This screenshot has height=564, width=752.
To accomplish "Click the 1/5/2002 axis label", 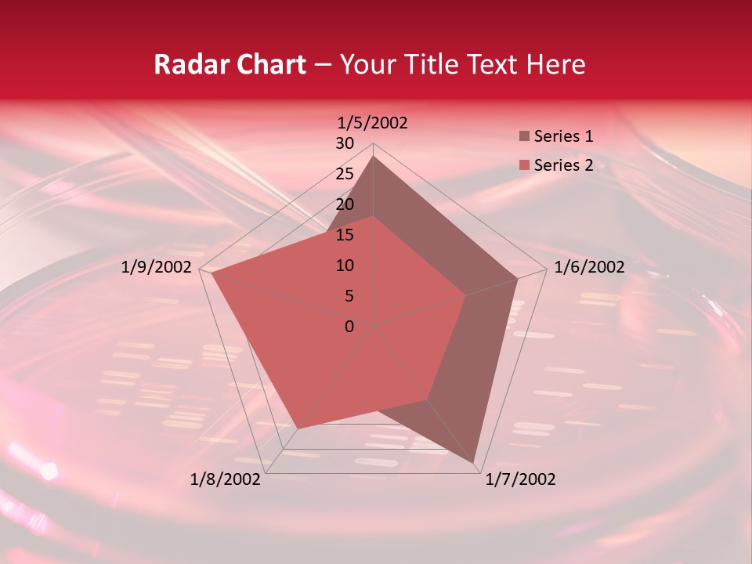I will pos(373,122).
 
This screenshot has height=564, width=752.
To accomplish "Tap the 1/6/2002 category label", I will pos(589,267).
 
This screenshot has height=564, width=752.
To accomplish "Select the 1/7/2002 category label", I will pos(520,479).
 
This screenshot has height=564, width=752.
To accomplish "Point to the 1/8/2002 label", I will pos(226,479).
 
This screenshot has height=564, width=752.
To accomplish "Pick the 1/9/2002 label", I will pos(157,267).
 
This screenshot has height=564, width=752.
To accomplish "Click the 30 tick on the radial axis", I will pos(345,143).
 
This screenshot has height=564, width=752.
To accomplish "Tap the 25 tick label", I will pos(345,174).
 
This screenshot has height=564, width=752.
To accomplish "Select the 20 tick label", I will pos(345,204).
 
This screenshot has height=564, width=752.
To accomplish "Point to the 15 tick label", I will pos(345,235).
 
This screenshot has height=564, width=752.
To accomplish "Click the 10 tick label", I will pos(345,266).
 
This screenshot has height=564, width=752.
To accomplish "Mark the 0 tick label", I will pos(349,327).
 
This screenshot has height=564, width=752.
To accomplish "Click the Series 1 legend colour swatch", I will pos(524,136).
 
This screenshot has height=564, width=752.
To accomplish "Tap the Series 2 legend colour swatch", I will pos(524,165).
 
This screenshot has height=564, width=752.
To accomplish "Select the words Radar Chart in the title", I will pos(230,64).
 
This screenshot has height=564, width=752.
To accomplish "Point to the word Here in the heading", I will pos(555,64).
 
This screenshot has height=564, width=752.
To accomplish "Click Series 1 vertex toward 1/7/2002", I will pos(475,463).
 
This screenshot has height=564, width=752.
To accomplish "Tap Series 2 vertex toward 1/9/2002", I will pos(212,274).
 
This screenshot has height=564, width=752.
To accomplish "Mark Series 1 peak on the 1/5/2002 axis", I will pos(374,156).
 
